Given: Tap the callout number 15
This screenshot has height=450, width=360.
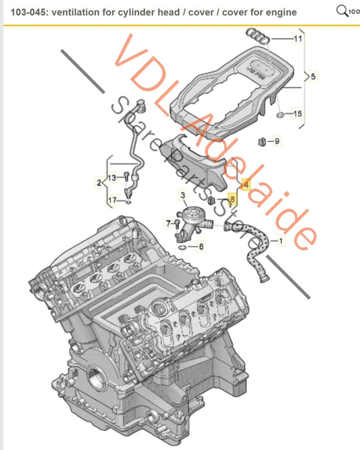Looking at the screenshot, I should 298,114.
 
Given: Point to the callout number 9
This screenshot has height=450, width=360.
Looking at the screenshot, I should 276,141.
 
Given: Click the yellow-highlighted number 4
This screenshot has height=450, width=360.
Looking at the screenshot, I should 245,183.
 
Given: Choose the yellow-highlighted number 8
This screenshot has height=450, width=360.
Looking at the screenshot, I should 233,200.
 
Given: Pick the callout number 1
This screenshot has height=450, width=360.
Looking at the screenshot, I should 282,240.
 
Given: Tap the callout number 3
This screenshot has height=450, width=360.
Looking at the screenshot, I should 182,195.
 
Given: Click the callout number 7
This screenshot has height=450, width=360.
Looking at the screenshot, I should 170,222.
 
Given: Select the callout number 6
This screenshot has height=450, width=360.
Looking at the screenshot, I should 201,247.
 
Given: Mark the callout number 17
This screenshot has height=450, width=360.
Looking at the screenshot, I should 113,200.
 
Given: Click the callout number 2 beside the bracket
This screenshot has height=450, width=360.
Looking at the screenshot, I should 98,182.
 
